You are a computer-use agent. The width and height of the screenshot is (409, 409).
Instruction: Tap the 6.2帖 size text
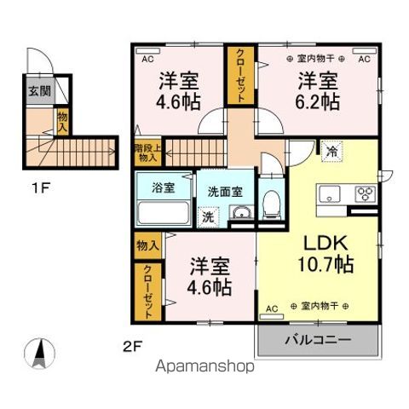317,103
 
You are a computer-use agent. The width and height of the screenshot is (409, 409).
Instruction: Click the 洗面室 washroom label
225,191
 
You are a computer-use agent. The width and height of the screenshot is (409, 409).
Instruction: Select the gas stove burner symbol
366,191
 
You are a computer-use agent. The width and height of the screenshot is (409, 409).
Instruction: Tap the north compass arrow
40,351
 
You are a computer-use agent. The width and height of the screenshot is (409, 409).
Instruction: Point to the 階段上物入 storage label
146,153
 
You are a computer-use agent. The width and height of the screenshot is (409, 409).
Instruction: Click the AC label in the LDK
273,306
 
